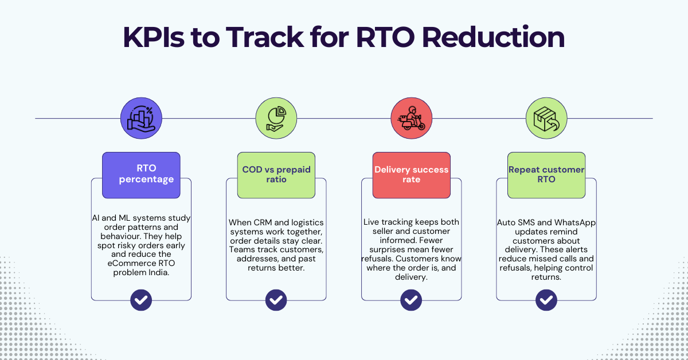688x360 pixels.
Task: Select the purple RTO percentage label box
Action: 141,174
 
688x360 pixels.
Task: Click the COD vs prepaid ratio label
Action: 276,174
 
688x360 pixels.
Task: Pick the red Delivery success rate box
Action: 411,174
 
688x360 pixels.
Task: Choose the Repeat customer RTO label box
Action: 546,174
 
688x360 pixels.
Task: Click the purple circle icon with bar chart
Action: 141,119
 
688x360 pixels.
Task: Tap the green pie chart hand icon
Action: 276,119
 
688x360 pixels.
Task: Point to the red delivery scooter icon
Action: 411,119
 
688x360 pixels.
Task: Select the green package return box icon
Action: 546,119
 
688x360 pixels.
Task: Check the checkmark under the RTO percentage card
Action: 141,299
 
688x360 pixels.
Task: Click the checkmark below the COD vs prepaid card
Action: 276,299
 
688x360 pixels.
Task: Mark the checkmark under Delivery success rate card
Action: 411,299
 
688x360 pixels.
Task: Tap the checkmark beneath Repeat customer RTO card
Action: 546,299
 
